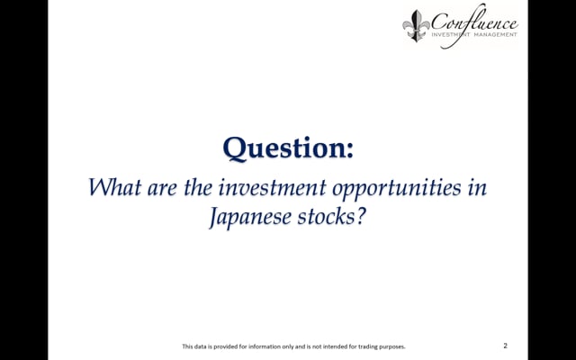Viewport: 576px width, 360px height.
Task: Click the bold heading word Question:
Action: (288, 148)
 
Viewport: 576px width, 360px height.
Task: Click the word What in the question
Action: (114, 187)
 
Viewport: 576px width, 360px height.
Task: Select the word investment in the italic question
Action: (272, 187)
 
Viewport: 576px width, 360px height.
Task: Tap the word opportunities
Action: (396, 189)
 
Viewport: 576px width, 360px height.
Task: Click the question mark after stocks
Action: (361, 216)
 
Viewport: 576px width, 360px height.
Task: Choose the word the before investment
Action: (198, 187)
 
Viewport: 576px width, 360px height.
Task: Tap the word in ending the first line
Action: (477, 188)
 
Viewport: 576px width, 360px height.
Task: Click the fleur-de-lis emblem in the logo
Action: (416, 25)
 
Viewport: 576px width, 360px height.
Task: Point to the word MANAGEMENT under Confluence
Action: (495, 34)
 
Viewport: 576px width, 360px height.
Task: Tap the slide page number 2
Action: (506, 346)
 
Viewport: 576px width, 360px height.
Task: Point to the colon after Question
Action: (349, 150)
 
